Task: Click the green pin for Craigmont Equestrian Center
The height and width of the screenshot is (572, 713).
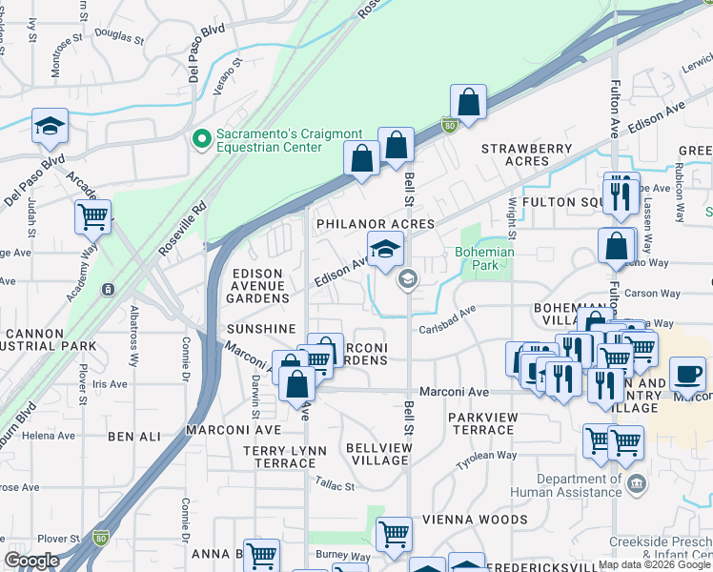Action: [x=201, y=140]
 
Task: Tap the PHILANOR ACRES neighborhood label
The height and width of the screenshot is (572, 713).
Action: [x=376, y=224]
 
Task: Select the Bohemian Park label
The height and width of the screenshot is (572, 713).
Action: [x=483, y=258]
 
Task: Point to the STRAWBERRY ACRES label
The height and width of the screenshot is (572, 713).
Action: [x=527, y=155]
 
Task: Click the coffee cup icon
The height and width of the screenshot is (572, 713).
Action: [x=687, y=374]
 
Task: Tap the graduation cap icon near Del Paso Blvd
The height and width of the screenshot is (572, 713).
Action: [x=50, y=127]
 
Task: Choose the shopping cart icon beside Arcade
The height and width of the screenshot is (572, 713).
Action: [x=92, y=216]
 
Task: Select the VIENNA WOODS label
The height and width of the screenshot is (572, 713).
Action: [x=483, y=520]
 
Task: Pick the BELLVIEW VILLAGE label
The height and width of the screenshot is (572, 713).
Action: [x=379, y=454]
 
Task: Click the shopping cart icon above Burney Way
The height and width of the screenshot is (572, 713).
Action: [x=394, y=535]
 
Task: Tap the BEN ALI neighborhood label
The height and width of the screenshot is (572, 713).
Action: [x=134, y=437]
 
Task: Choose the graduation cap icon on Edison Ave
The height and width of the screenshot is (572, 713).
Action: [x=385, y=250]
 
